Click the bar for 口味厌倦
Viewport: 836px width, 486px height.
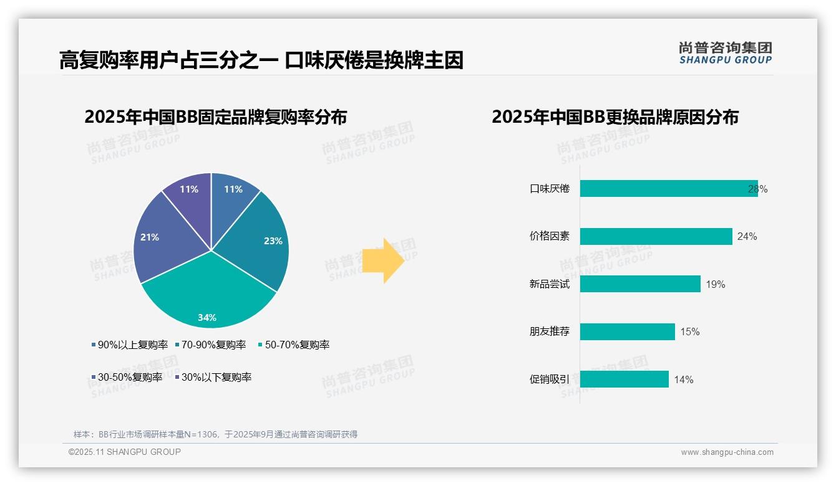(668, 189)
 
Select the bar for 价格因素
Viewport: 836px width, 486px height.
(655, 236)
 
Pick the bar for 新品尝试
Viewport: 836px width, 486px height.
(639, 284)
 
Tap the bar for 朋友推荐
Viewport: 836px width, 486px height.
(627, 331)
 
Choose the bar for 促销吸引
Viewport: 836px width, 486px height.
(624, 379)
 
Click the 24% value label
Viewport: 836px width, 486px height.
(747, 237)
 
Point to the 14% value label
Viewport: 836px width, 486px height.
(683, 380)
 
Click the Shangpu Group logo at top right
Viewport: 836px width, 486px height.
(725, 53)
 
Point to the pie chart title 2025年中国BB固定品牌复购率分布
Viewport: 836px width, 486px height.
(215, 117)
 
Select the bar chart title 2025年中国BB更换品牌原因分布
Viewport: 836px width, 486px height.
(615, 117)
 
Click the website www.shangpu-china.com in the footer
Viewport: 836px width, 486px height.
(727, 452)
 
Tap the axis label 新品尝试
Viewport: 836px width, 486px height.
(549, 284)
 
